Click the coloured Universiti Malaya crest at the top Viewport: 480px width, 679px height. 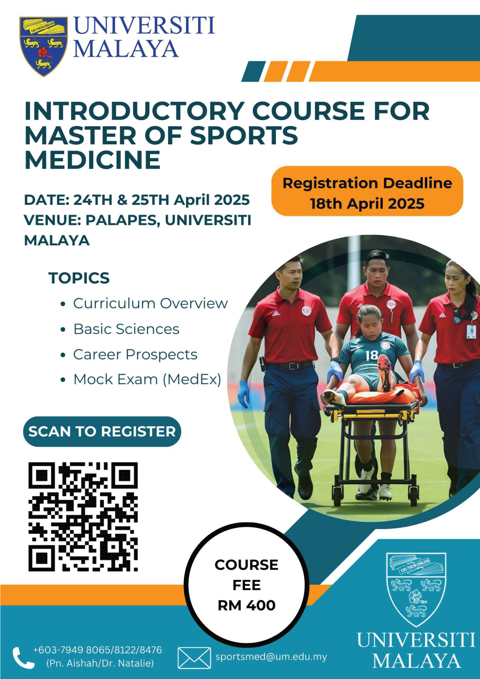(x=43, y=46)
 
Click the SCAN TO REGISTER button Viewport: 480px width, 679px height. (x=102, y=431)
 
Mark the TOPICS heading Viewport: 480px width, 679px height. (x=79, y=278)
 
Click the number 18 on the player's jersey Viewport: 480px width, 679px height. (x=371, y=355)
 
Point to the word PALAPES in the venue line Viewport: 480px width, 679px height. (x=123, y=221)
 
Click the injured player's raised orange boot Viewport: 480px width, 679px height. (x=384, y=373)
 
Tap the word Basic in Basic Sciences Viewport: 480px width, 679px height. (x=92, y=329)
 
